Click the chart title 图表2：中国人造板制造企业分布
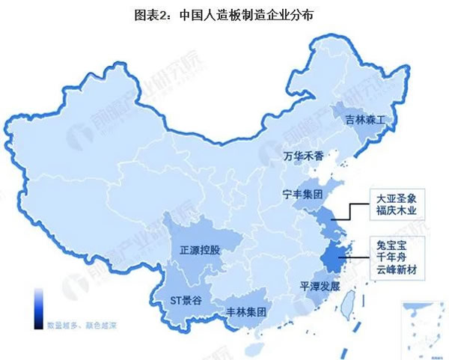224,14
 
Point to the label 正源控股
200,250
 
